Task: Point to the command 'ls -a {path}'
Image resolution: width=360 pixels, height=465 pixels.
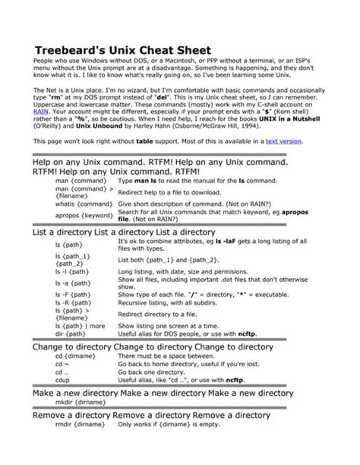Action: click(x=74, y=283)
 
